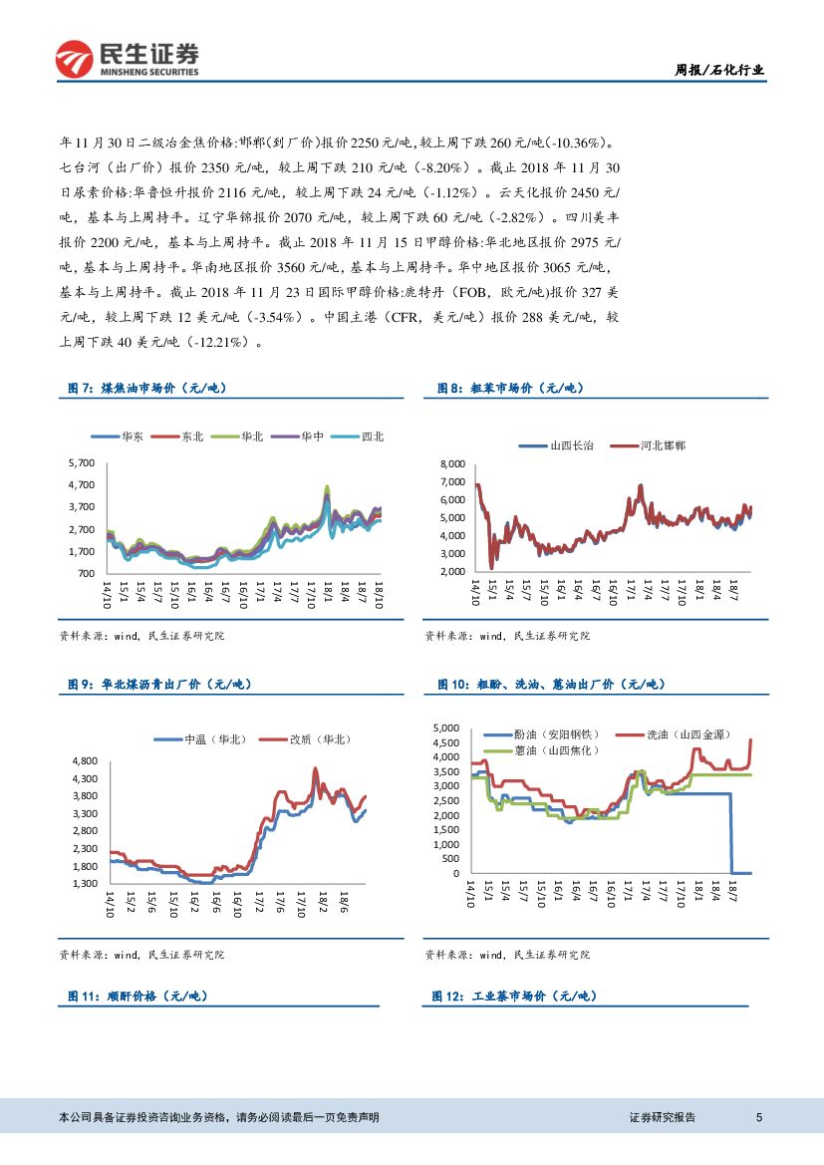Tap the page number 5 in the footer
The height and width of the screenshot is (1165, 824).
point(759,1117)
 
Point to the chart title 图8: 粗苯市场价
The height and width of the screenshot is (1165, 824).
point(510,388)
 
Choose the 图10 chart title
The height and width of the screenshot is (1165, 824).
point(551,684)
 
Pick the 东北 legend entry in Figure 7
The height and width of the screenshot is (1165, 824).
point(192,437)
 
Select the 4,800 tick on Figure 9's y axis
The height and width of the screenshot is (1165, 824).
point(84,761)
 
